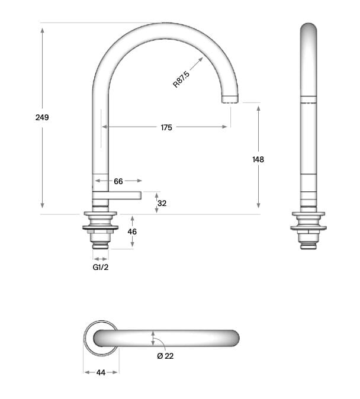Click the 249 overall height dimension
click(42, 117)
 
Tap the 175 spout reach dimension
click(166, 127)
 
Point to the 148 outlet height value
click(258, 159)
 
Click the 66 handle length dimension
click(118, 181)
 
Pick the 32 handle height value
click(162, 203)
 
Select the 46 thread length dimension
click(132, 231)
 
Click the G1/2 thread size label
click(101, 267)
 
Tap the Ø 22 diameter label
click(165, 356)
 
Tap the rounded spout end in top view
click(233, 338)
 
